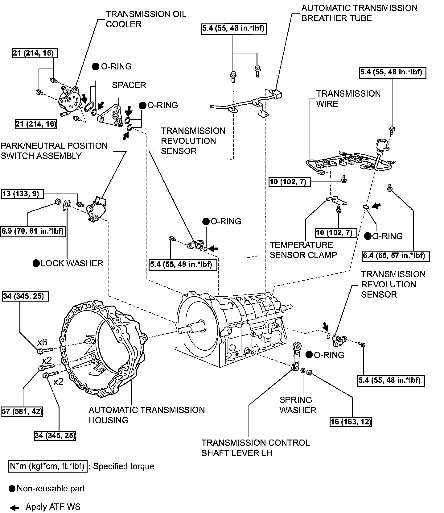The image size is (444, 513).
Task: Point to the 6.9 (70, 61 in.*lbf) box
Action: pos(33,231)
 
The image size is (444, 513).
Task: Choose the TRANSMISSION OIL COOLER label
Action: pos(146,19)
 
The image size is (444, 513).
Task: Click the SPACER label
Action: pos(129,85)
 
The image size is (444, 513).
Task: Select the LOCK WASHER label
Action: pos(72,263)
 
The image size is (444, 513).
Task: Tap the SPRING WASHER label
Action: pos(298,405)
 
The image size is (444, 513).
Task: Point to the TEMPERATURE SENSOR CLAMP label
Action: pos(303,250)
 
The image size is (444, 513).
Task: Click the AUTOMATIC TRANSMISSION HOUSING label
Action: pos(146,415)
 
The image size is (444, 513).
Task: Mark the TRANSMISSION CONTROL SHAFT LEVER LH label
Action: pos(255,448)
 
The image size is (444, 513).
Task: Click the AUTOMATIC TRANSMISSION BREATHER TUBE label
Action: pos(359,13)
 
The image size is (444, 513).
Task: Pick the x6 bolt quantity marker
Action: pos(42,342)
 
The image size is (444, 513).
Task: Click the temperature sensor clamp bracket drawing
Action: pos(336,201)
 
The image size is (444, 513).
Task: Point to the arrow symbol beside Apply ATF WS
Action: pos(14,507)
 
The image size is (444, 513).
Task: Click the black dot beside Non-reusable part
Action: pos(12,489)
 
